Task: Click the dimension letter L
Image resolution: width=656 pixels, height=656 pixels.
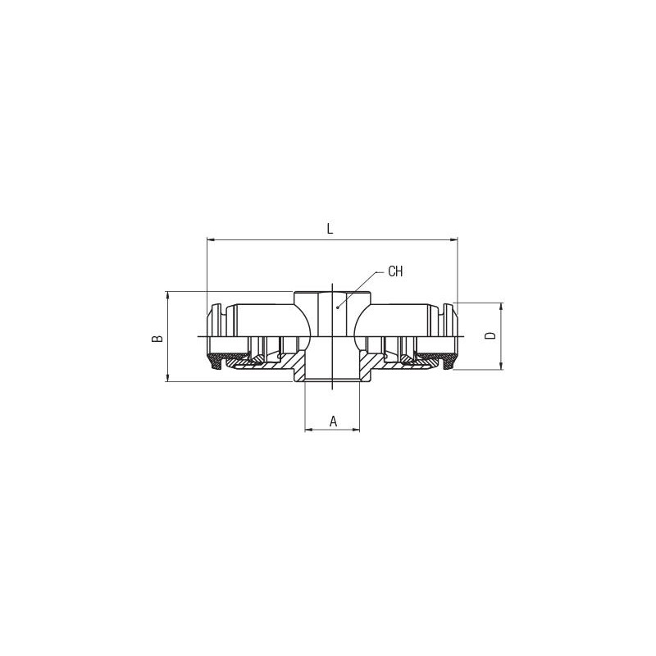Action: [x=330, y=229]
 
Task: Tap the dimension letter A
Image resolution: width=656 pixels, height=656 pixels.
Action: [x=333, y=421]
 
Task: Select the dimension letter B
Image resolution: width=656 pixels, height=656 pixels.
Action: [x=157, y=339]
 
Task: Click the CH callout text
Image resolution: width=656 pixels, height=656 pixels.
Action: [x=395, y=271]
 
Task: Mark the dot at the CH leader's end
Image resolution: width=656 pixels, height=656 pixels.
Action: [x=338, y=308]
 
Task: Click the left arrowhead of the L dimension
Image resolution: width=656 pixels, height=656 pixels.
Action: [x=211, y=239]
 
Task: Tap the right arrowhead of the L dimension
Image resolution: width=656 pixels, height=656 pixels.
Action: [x=453, y=239]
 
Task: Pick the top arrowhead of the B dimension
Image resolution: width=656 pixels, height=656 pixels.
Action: [x=168, y=295]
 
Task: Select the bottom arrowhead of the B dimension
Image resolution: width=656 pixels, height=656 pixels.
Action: [x=168, y=378]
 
